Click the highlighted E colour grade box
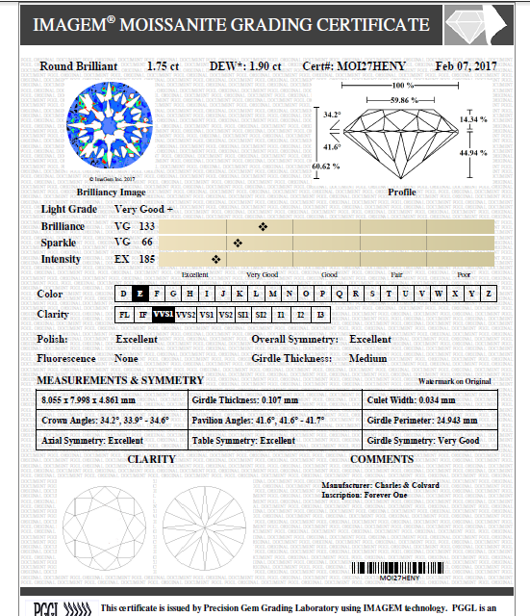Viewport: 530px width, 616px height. [x=140, y=294]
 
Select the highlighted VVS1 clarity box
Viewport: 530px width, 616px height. [x=164, y=315]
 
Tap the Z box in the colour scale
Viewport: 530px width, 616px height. [x=489, y=294]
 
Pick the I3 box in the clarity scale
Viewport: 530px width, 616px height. [x=320, y=315]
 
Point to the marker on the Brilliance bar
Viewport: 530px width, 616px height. [x=263, y=226]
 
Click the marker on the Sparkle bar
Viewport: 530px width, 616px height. [x=237, y=243]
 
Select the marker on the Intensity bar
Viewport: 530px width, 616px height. [x=215, y=259]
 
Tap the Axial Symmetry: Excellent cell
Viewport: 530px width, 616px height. [x=91, y=441]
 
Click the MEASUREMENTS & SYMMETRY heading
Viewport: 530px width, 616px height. [x=120, y=380]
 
